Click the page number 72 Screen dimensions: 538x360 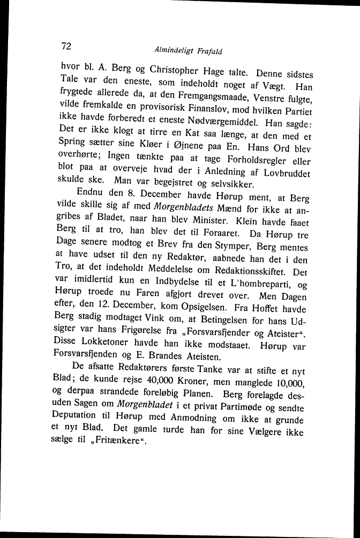point(66,46)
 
